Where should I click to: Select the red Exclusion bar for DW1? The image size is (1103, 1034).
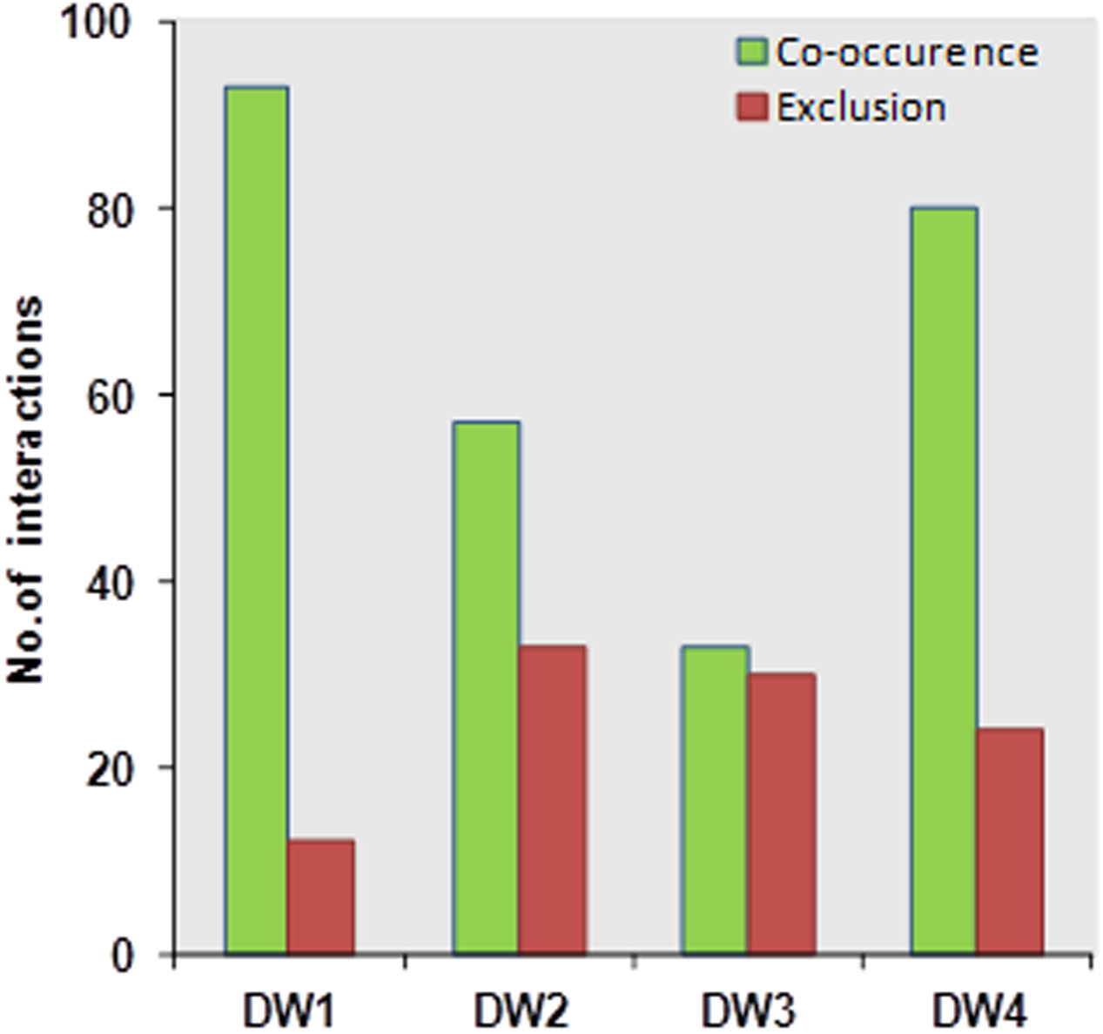(x=320, y=896)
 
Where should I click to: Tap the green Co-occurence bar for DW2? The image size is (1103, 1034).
(x=486, y=687)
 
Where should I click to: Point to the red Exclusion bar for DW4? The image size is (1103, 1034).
(x=1009, y=841)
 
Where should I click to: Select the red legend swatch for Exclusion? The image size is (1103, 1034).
(x=751, y=107)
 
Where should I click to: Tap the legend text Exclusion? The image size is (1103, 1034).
(x=861, y=107)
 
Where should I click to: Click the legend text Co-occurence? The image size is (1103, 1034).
(x=906, y=52)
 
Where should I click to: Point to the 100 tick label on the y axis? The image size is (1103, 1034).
(x=107, y=24)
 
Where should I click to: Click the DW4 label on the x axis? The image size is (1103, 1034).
(x=979, y=1012)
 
